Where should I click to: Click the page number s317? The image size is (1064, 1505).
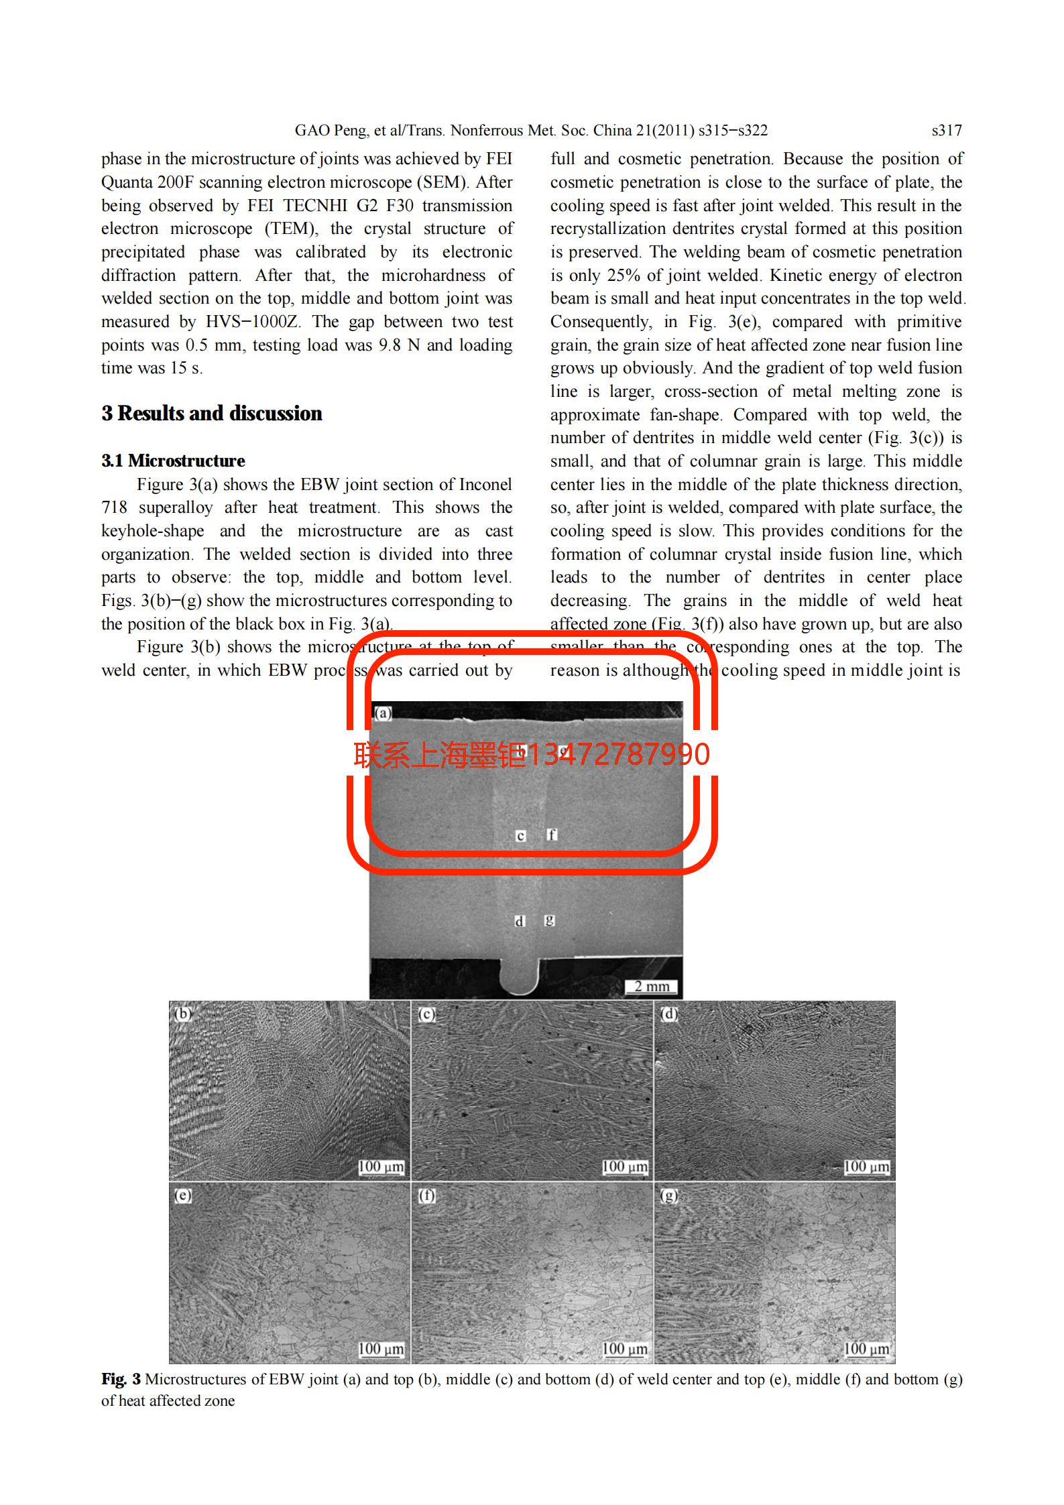[946, 131]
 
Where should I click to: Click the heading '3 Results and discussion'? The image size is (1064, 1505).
[212, 414]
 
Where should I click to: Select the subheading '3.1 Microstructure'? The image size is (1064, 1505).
[173, 461]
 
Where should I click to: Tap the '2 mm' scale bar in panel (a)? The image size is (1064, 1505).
[652, 986]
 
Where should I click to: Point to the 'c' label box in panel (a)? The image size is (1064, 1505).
[520, 836]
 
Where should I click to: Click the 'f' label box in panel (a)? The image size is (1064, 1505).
[551, 835]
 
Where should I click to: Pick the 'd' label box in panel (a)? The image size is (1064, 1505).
[519, 921]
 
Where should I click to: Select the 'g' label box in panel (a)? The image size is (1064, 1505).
[550, 920]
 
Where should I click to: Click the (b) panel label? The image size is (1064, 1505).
[182, 1014]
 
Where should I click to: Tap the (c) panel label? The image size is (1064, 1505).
[426, 1014]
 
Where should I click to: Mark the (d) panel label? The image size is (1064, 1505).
[669, 1014]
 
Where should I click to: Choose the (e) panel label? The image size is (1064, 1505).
[182, 1195]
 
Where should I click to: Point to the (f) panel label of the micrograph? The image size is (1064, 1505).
[426, 1195]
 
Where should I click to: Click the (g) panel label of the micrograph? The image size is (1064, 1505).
[669, 1195]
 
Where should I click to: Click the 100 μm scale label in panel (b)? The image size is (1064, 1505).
[381, 1167]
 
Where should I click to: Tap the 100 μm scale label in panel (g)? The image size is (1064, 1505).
[866, 1348]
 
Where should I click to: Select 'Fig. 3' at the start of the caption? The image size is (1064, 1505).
[121, 1380]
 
